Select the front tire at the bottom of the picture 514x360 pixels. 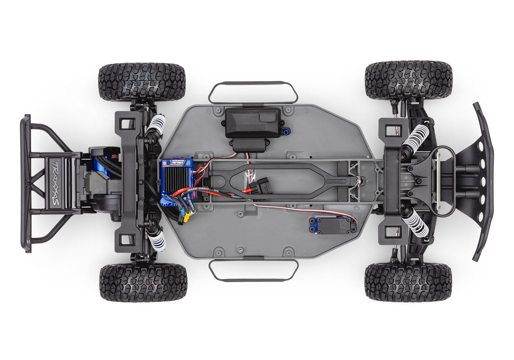tap(408, 282)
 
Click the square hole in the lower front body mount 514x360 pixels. tap(390, 232)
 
